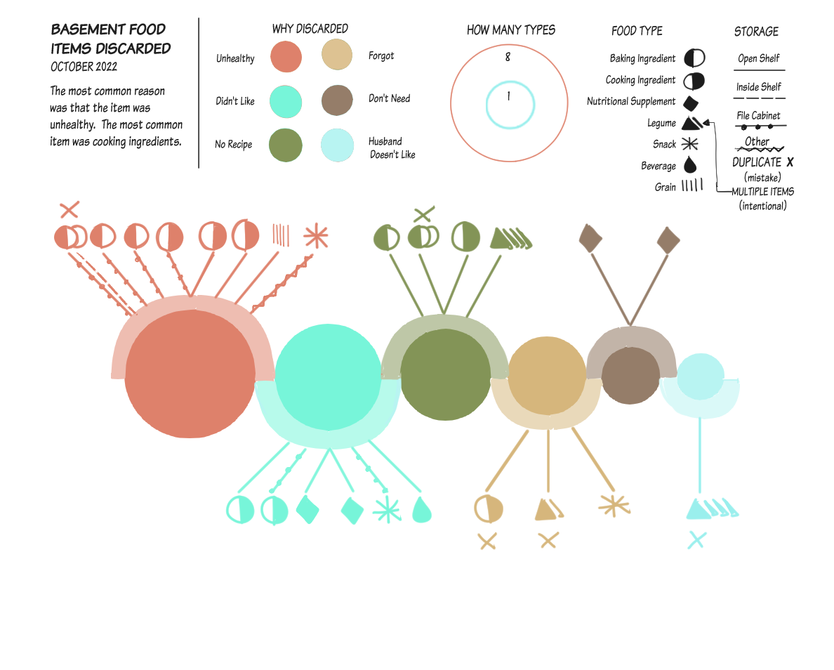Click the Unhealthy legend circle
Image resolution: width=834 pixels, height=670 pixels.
(x=286, y=56)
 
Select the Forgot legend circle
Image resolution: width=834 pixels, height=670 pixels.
(x=337, y=54)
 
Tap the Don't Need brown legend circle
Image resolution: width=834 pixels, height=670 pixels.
(x=337, y=100)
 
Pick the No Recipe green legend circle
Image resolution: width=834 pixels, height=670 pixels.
(x=286, y=145)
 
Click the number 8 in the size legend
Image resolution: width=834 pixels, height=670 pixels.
(x=508, y=57)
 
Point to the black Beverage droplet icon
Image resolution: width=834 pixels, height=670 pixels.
(x=690, y=165)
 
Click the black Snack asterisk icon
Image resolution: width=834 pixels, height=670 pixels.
(x=690, y=144)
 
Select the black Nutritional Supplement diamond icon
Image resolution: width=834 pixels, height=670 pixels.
(x=690, y=103)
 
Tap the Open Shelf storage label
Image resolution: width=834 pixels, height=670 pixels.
(x=758, y=58)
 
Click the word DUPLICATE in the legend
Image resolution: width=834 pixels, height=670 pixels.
(x=756, y=162)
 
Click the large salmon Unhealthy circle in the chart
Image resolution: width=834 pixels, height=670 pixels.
(x=190, y=374)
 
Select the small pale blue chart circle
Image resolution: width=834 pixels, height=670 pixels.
(x=701, y=376)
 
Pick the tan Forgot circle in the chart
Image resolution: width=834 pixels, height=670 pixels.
(x=547, y=376)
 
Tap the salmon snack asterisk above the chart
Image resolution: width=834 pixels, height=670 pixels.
(x=316, y=236)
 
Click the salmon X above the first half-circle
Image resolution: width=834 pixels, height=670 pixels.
(x=69, y=210)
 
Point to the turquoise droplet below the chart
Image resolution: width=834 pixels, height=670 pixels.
(x=422, y=509)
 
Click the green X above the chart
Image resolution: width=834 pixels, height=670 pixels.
(x=423, y=214)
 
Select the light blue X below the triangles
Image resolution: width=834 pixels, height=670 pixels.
(x=697, y=540)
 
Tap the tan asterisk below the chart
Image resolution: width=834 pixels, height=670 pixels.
(x=614, y=506)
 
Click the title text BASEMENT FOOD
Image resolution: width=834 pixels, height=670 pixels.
(x=109, y=29)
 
